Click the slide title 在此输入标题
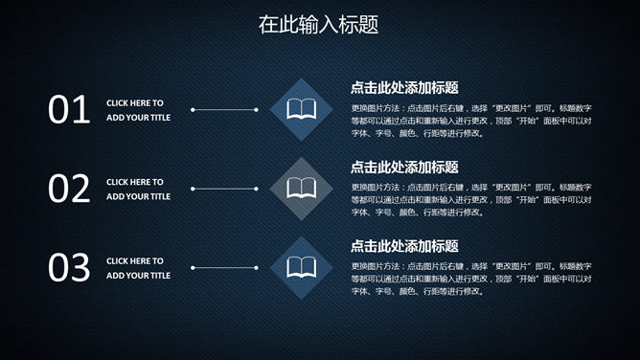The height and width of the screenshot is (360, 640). point(319,25)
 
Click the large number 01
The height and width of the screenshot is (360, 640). point(69,110)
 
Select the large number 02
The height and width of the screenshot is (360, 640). point(69,189)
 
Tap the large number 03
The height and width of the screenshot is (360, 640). point(69,268)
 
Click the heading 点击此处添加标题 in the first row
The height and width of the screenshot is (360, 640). point(404,87)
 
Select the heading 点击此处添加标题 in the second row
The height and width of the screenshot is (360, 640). point(404,167)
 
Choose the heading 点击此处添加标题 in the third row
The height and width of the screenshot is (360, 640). point(404,246)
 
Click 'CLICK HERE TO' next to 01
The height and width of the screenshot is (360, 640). point(135,102)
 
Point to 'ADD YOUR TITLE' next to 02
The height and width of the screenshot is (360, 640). point(138,196)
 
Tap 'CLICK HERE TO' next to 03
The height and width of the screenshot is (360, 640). point(135,260)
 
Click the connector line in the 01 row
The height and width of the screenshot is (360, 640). point(224,109)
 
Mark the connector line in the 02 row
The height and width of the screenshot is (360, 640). point(224,189)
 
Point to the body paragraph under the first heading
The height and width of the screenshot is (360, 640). point(470,120)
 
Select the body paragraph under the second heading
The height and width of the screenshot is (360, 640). point(470,199)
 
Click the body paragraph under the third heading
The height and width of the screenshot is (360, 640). point(470,279)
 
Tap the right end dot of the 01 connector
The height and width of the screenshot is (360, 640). point(257,109)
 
